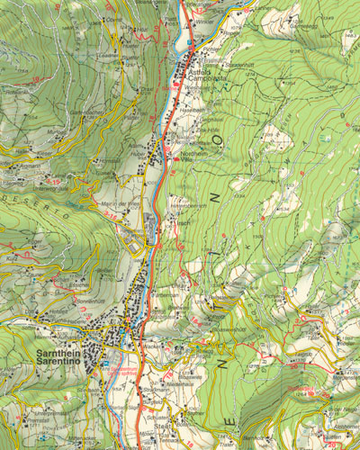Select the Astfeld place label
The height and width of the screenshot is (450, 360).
pyautogui.click(x=200, y=73)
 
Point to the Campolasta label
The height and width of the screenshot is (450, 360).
pyautogui.click(x=208, y=81)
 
